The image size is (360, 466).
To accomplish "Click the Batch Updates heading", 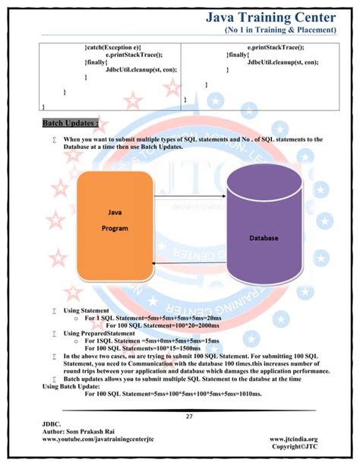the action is [x=71, y=122].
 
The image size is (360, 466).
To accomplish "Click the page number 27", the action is [x=189, y=417].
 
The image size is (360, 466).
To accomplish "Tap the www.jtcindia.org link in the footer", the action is [x=293, y=439].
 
